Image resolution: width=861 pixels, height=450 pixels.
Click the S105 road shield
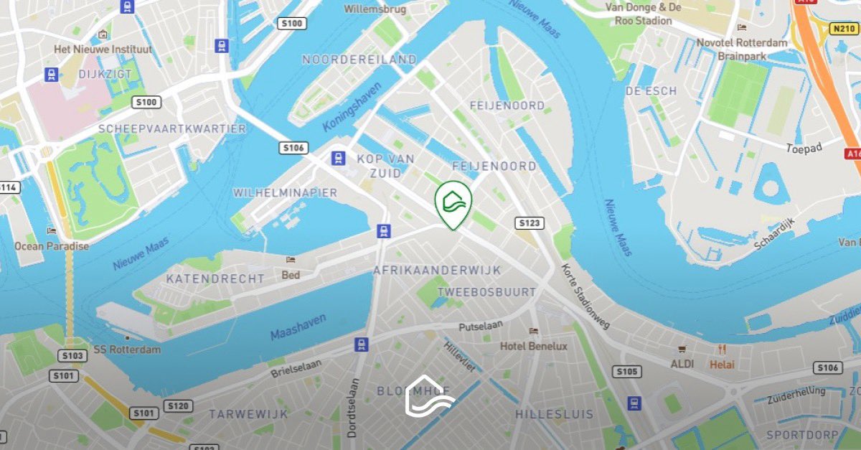tap(626, 371)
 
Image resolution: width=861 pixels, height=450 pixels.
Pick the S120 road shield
tap(178, 406)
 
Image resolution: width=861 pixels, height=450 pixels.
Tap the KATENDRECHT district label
tap(215, 278)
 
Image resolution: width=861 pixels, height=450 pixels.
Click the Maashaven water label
tap(298, 327)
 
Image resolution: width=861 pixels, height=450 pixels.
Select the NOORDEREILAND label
tap(359, 59)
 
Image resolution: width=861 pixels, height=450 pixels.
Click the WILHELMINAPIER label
tap(285, 193)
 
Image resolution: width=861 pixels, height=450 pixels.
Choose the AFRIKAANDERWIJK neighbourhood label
tap(437, 270)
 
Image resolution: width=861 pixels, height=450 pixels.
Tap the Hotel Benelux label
tap(533, 346)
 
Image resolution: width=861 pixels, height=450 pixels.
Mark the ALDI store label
tap(682, 364)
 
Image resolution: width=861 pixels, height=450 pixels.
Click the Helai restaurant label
tap(722, 364)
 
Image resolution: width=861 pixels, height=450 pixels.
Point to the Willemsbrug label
tap(375, 9)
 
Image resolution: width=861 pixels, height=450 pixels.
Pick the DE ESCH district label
tap(651, 90)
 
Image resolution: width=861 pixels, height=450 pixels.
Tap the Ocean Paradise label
tap(52, 246)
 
